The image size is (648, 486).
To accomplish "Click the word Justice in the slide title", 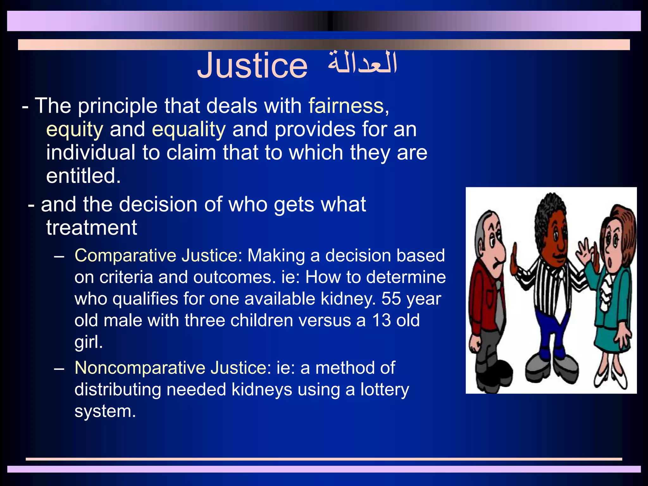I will [x=252, y=65].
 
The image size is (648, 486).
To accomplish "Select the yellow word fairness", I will [x=346, y=106].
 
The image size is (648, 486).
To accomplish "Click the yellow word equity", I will [x=75, y=130].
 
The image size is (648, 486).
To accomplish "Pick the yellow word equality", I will [x=189, y=130].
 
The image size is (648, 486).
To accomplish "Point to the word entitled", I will [x=84, y=176].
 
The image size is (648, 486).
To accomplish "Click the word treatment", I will [x=92, y=227].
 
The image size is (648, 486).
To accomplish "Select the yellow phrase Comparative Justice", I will [x=156, y=255].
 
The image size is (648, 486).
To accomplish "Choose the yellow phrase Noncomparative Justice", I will [x=171, y=368].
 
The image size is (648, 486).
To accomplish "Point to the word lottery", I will [x=385, y=389].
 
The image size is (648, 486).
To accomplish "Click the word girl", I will [x=89, y=342].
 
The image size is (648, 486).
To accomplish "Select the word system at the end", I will [x=105, y=411].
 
